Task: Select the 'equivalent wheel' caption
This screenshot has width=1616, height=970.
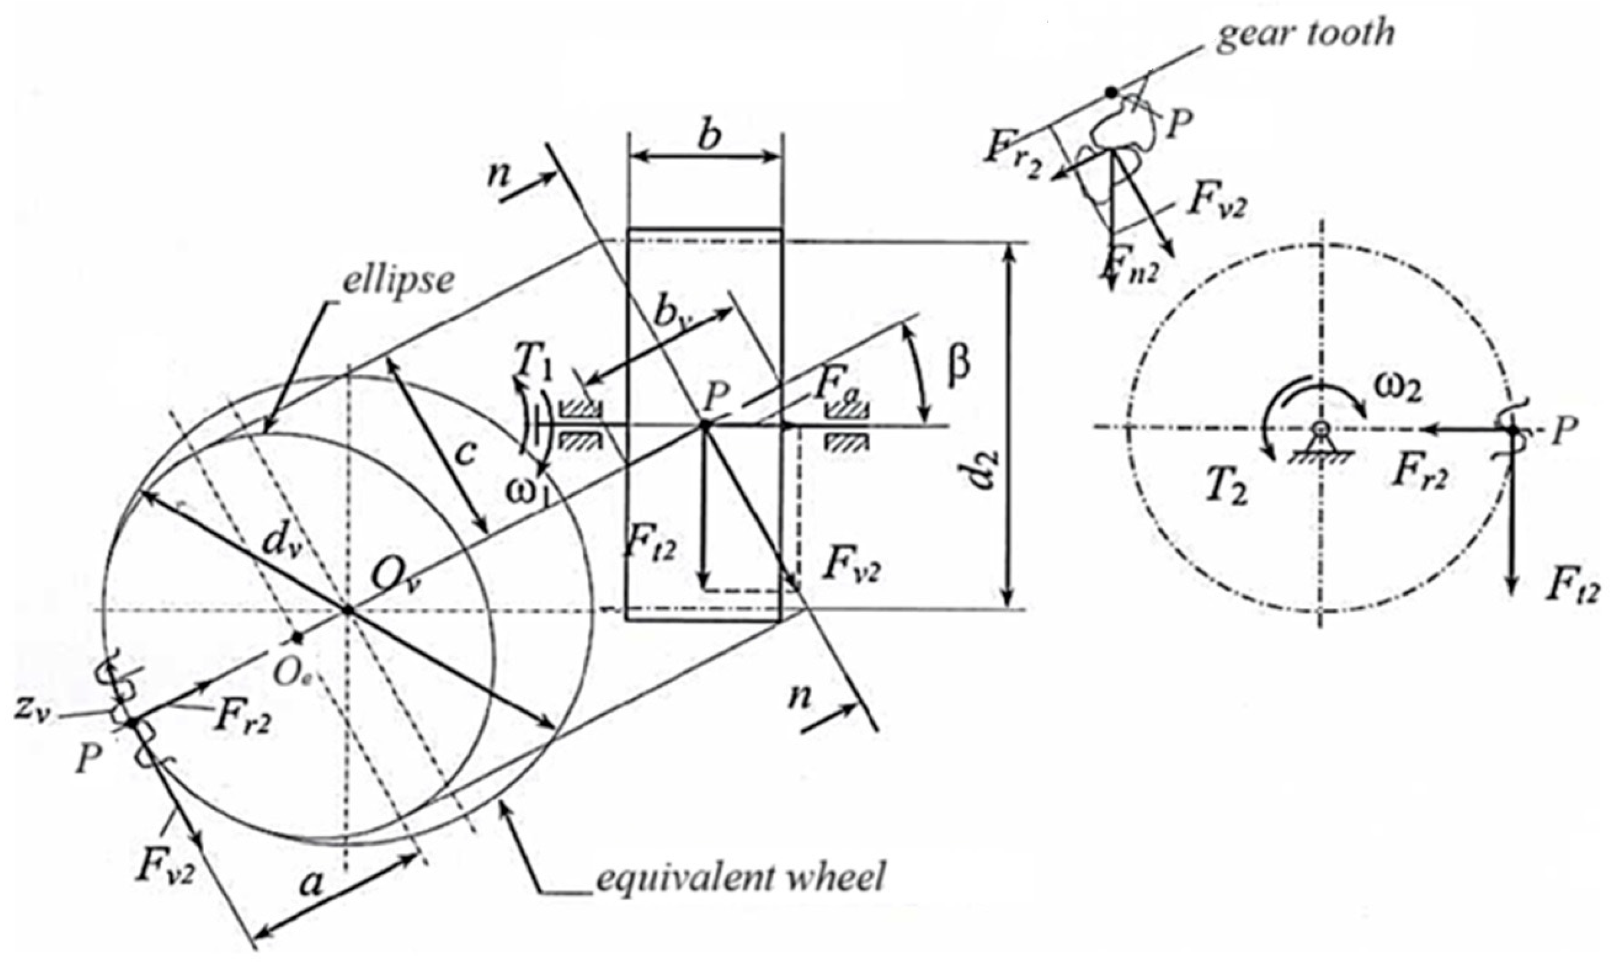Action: (x=739, y=877)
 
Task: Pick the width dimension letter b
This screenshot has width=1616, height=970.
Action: (x=708, y=136)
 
